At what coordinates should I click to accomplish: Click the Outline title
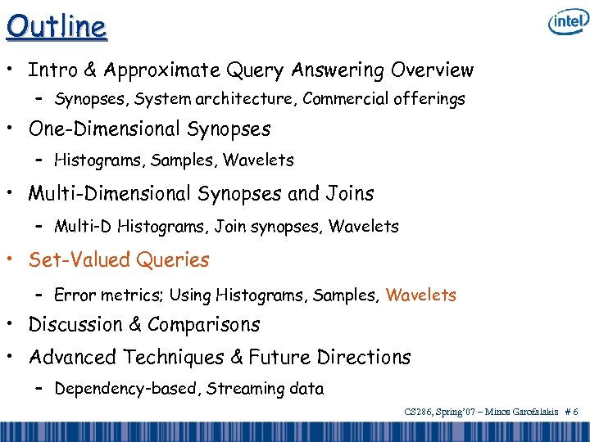56,26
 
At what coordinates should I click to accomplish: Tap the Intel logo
568,23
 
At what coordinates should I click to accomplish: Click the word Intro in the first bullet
52,70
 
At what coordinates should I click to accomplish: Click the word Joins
351,194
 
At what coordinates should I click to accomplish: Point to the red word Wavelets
420,295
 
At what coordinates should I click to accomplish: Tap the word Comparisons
204,324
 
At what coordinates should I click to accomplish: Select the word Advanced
73,358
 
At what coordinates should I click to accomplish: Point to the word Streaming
243,389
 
